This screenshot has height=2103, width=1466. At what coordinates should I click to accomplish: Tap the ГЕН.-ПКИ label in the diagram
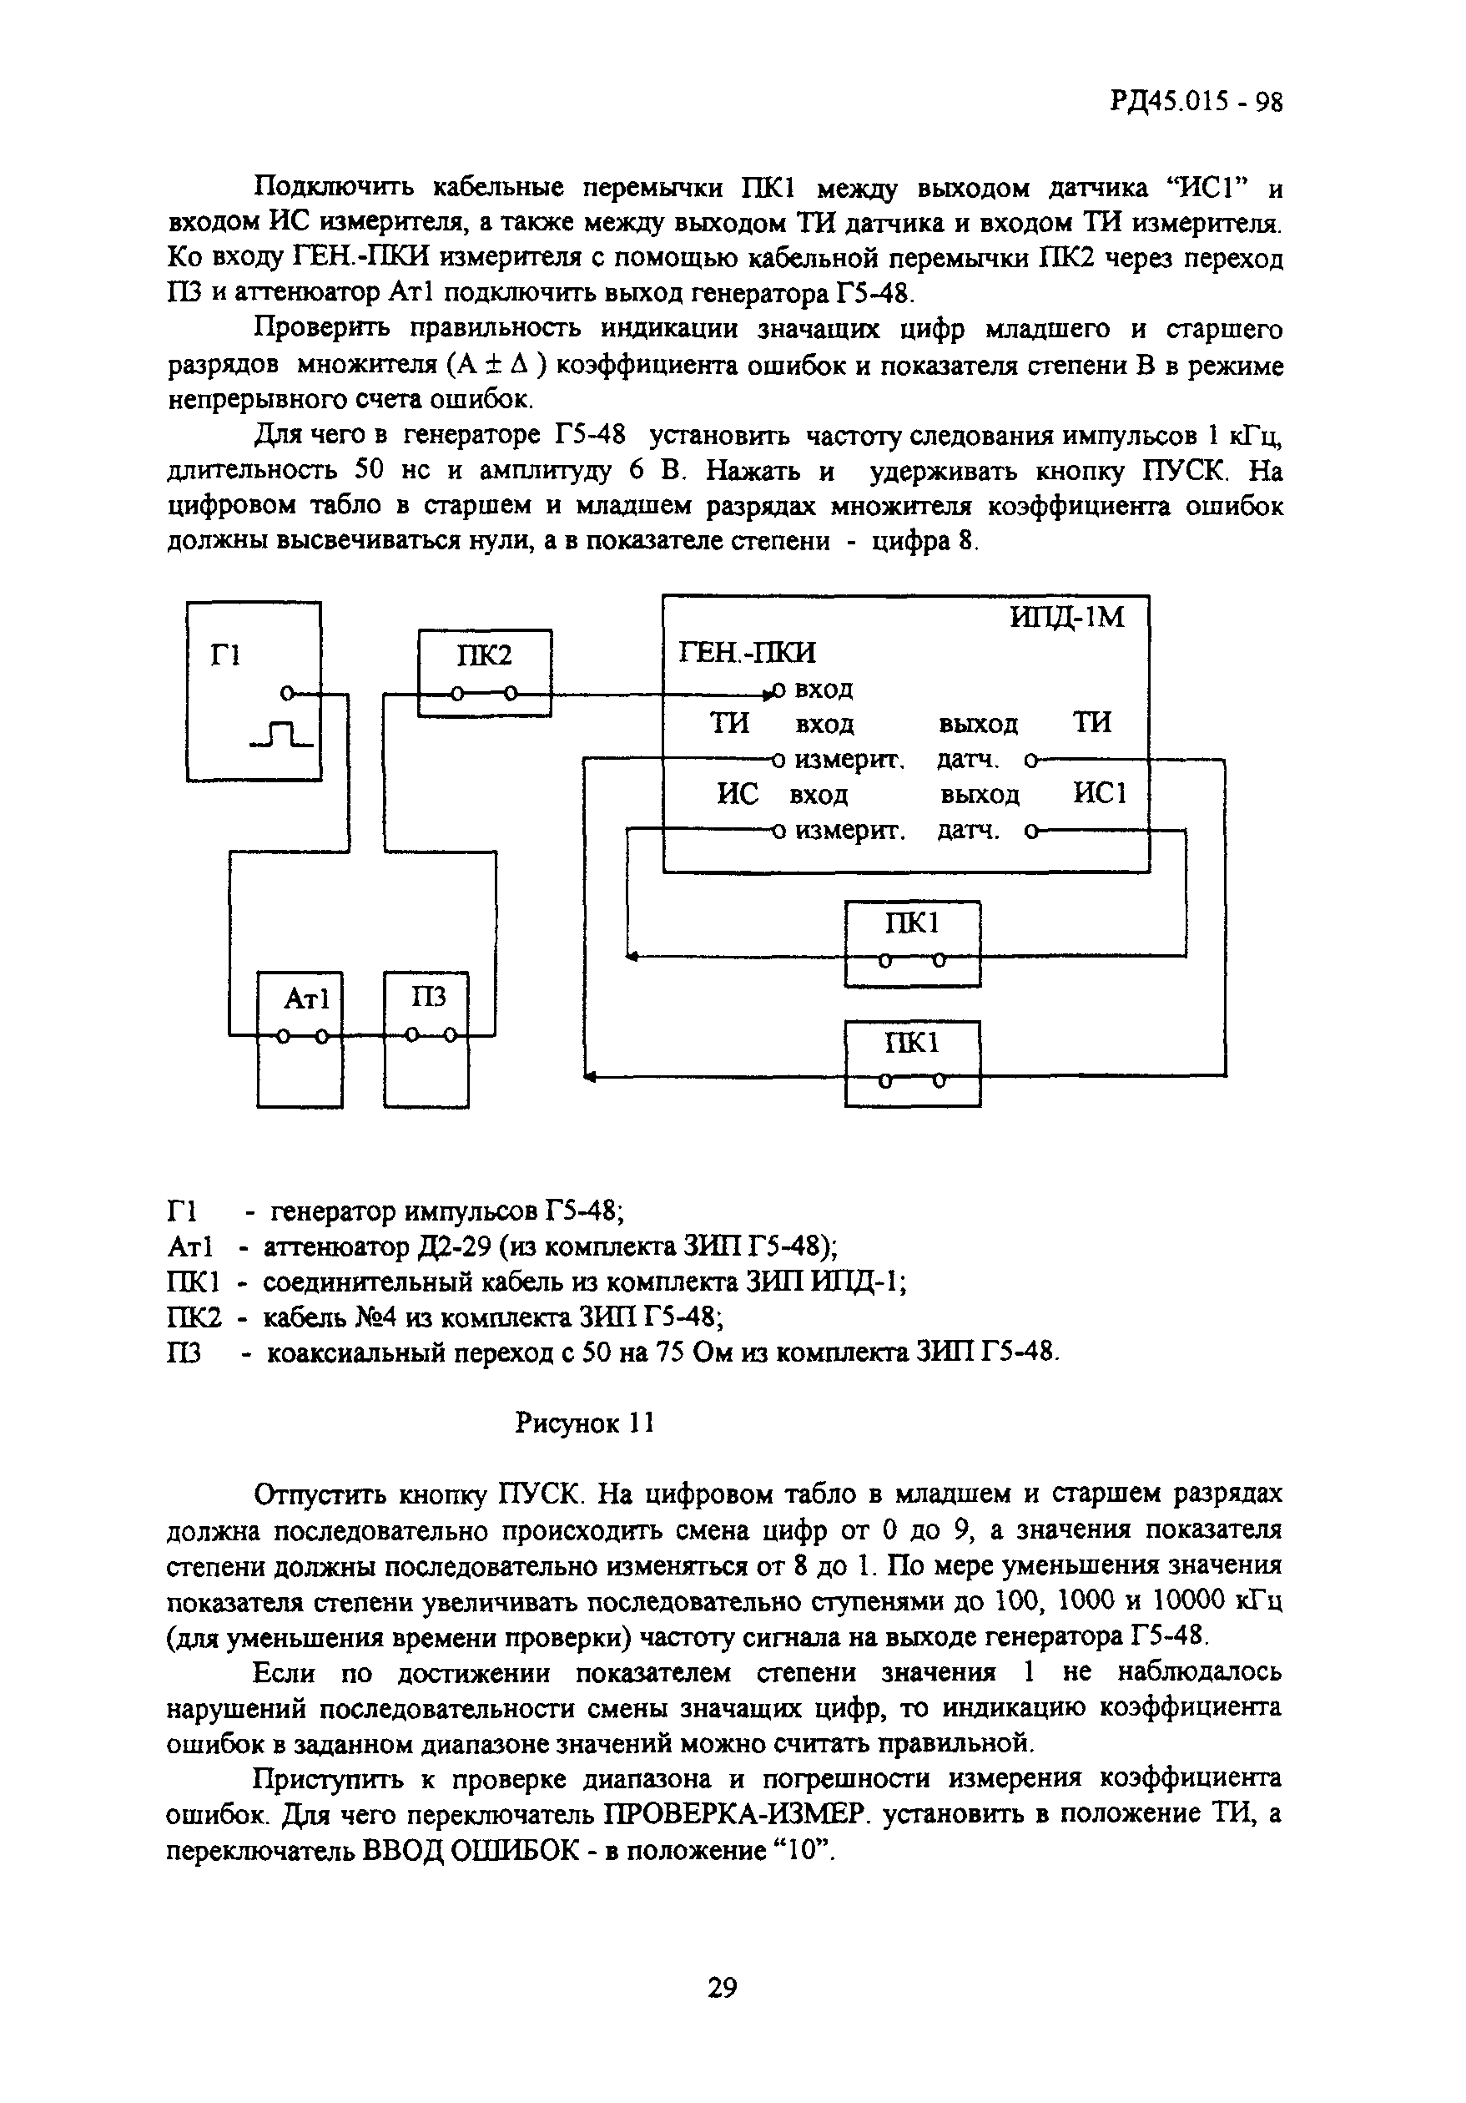pyautogui.click(x=746, y=651)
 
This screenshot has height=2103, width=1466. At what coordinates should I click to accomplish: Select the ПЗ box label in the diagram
pyautogui.click(x=428, y=996)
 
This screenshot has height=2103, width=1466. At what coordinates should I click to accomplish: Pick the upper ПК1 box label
pyautogui.click(x=912, y=923)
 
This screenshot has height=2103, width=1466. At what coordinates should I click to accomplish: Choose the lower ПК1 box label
pyautogui.click(x=912, y=1044)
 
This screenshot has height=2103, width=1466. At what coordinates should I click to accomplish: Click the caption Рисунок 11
pyautogui.click(x=585, y=1423)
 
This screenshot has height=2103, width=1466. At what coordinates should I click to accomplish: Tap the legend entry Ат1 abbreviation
pyautogui.click(x=190, y=1246)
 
